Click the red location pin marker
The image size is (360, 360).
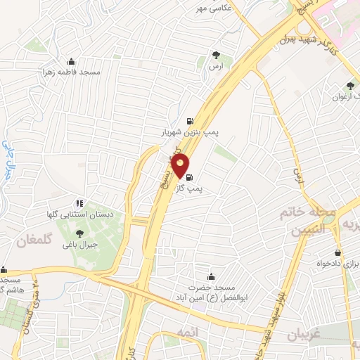tap(181, 167)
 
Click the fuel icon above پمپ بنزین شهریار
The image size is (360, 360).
tap(189, 119)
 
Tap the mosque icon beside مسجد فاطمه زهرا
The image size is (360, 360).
tap(70, 61)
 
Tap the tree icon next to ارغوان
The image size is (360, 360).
tap(351, 85)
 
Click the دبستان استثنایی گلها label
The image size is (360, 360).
tap(79, 214)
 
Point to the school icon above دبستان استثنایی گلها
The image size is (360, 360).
tap(79, 202)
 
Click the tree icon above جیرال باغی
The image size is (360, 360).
tap(79, 233)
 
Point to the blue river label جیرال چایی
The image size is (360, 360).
tap(9, 159)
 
